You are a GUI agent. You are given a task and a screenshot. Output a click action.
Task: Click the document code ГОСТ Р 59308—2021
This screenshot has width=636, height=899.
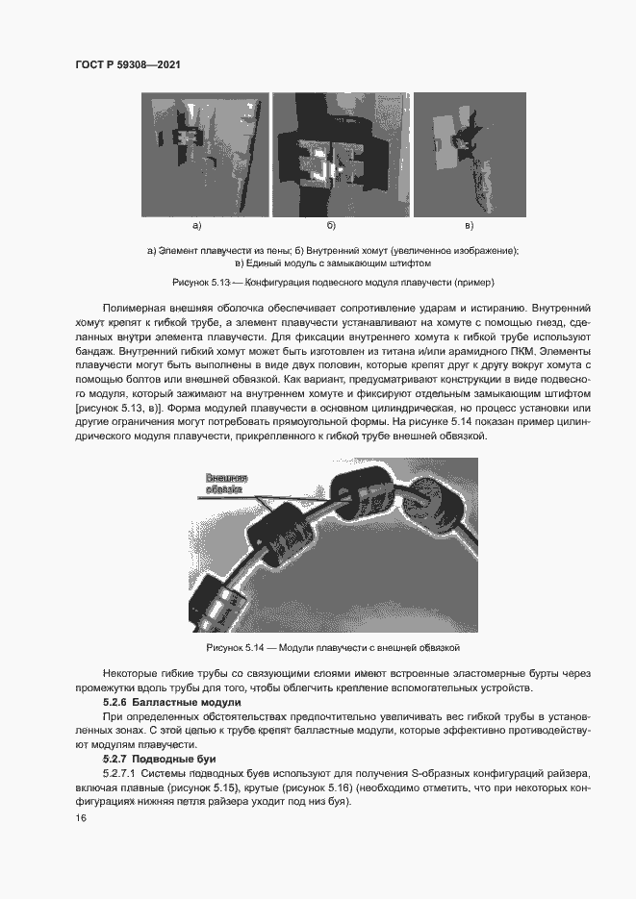(128, 65)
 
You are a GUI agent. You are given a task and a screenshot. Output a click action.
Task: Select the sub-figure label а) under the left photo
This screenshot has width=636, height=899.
(197, 226)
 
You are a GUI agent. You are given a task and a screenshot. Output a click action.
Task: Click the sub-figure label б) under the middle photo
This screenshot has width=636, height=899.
(330, 226)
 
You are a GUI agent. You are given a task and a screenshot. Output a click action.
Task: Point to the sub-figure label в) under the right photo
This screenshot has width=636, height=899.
(469, 226)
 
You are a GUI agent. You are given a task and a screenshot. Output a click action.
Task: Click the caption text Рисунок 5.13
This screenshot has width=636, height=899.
(201, 283)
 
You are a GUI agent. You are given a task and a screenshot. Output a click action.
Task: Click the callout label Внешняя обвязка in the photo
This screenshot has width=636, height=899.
(227, 484)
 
